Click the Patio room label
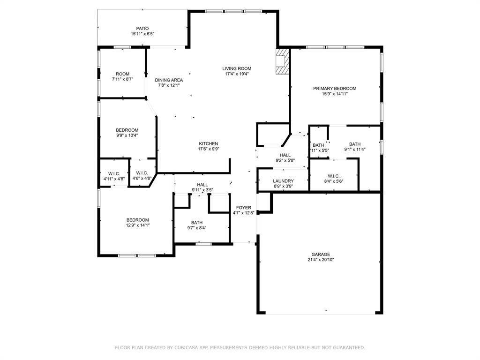click(x=142, y=28)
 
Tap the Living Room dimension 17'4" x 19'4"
click(x=237, y=74)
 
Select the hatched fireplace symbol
click(x=283, y=61)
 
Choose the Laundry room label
click(x=283, y=181)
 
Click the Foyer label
click(x=243, y=208)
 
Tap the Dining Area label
click(x=169, y=80)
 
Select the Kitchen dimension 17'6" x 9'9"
click(x=209, y=149)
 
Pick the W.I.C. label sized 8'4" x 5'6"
click(x=333, y=176)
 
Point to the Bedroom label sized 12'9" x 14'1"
click(x=137, y=220)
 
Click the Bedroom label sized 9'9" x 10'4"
click(x=127, y=130)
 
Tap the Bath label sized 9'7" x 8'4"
click(x=196, y=223)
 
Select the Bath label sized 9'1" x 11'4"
click(x=355, y=144)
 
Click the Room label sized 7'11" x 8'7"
click(x=122, y=74)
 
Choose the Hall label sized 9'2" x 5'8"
click(x=285, y=155)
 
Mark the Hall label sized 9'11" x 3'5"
click(x=202, y=185)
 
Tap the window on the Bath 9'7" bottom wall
click(x=203, y=243)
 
